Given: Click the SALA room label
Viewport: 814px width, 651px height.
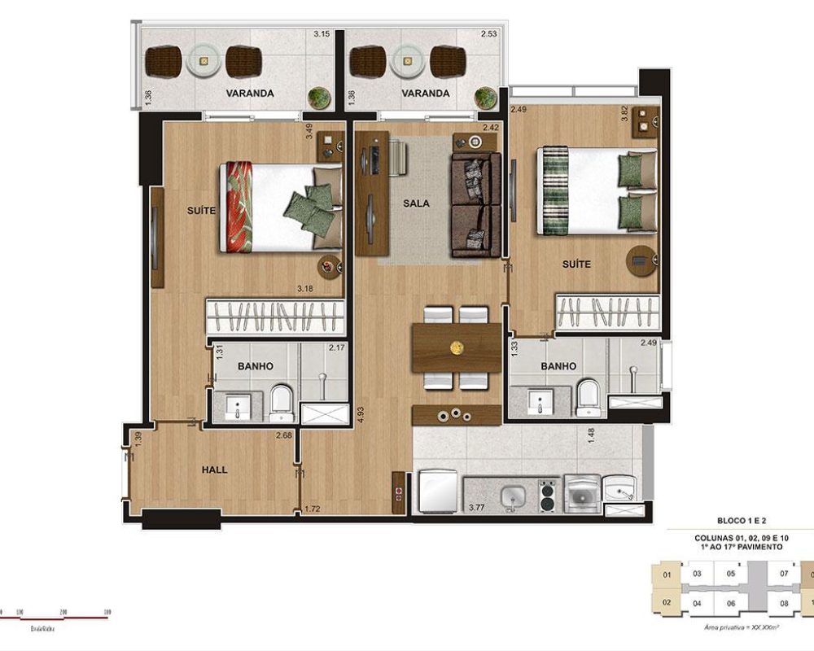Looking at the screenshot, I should coord(415,203).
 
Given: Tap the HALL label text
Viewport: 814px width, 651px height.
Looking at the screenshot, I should coord(215,470).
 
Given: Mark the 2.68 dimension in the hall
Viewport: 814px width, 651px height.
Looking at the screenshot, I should coord(283,435).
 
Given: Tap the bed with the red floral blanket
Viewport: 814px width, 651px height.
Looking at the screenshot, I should coord(279,206).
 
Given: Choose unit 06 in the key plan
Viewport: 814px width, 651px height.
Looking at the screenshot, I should coord(731,603).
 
